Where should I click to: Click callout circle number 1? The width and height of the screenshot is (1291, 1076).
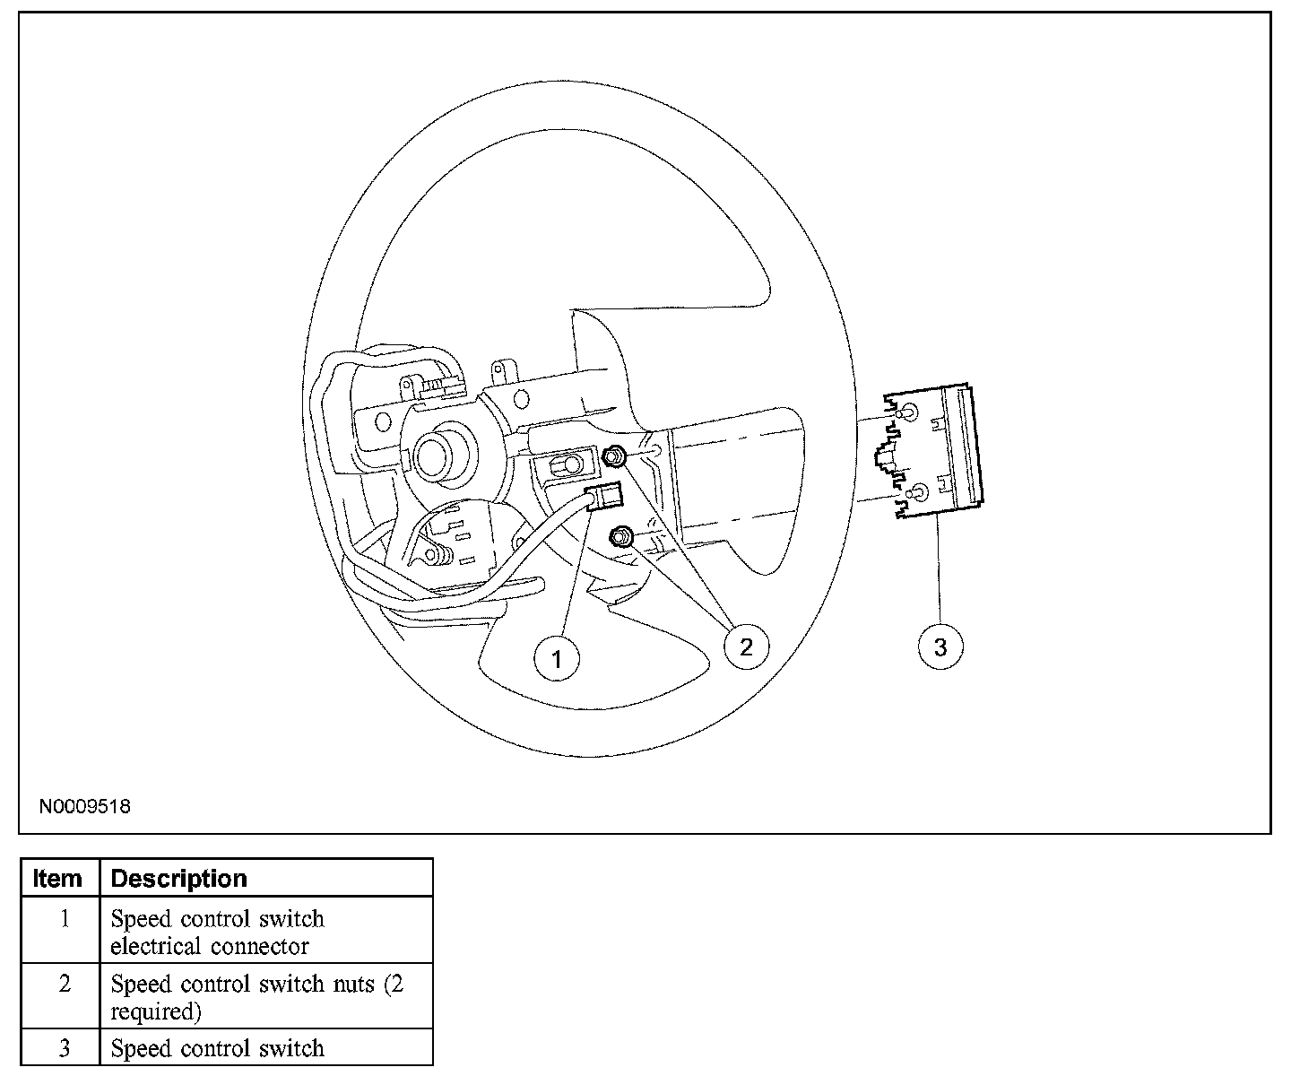(556, 659)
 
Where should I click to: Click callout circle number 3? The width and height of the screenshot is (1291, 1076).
(940, 646)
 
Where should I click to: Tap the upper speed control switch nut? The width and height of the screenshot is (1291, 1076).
(614, 456)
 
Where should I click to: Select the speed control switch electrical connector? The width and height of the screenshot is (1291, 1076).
(604, 498)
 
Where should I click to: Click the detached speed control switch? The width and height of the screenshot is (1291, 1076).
(932, 454)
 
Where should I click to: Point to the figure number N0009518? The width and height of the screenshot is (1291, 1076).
(84, 806)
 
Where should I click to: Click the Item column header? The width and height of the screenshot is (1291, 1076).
(58, 878)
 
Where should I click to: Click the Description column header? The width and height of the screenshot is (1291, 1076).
(178, 878)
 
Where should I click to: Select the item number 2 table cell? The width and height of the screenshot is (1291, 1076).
(64, 985)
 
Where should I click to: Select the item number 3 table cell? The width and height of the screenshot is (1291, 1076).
(64, 1048)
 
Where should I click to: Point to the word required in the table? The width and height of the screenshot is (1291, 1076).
(153, 1011)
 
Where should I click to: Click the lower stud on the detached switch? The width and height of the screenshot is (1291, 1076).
(918, 493)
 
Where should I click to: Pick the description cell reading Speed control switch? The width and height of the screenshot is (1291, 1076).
(217, 1048)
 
